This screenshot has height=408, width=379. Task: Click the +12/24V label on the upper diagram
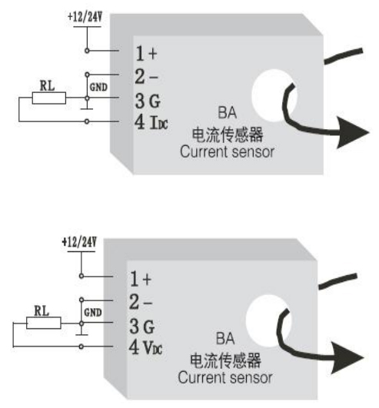click(85, 17)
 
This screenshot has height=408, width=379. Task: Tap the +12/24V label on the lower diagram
click(79, 242)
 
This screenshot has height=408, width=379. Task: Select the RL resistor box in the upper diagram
click(49, 98)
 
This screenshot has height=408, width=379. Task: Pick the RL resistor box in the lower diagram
click(44, 323)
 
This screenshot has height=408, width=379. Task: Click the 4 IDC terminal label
click(151, 122)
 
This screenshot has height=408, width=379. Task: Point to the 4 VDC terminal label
click(145, 347)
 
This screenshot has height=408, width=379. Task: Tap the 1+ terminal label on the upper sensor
click(147, 54)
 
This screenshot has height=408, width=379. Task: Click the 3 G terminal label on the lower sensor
click(142, 327)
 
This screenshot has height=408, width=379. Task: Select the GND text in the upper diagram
click(98, 87)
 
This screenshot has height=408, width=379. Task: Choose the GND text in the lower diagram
click(93, 312)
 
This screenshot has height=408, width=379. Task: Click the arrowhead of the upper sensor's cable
click(351, 132)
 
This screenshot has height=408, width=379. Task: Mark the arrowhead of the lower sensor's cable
click(347, 358)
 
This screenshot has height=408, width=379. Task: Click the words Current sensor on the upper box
click(227, 151)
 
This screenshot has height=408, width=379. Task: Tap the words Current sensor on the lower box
click(225, 377)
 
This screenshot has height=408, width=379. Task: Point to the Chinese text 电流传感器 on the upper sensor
click(228, 134)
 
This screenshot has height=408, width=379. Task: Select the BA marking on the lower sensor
click(225, 339)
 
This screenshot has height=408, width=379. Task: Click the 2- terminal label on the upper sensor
click(146, 77)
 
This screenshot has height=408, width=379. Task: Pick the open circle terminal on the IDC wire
click(87, 121)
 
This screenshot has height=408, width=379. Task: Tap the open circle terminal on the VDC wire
click(81, 347)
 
